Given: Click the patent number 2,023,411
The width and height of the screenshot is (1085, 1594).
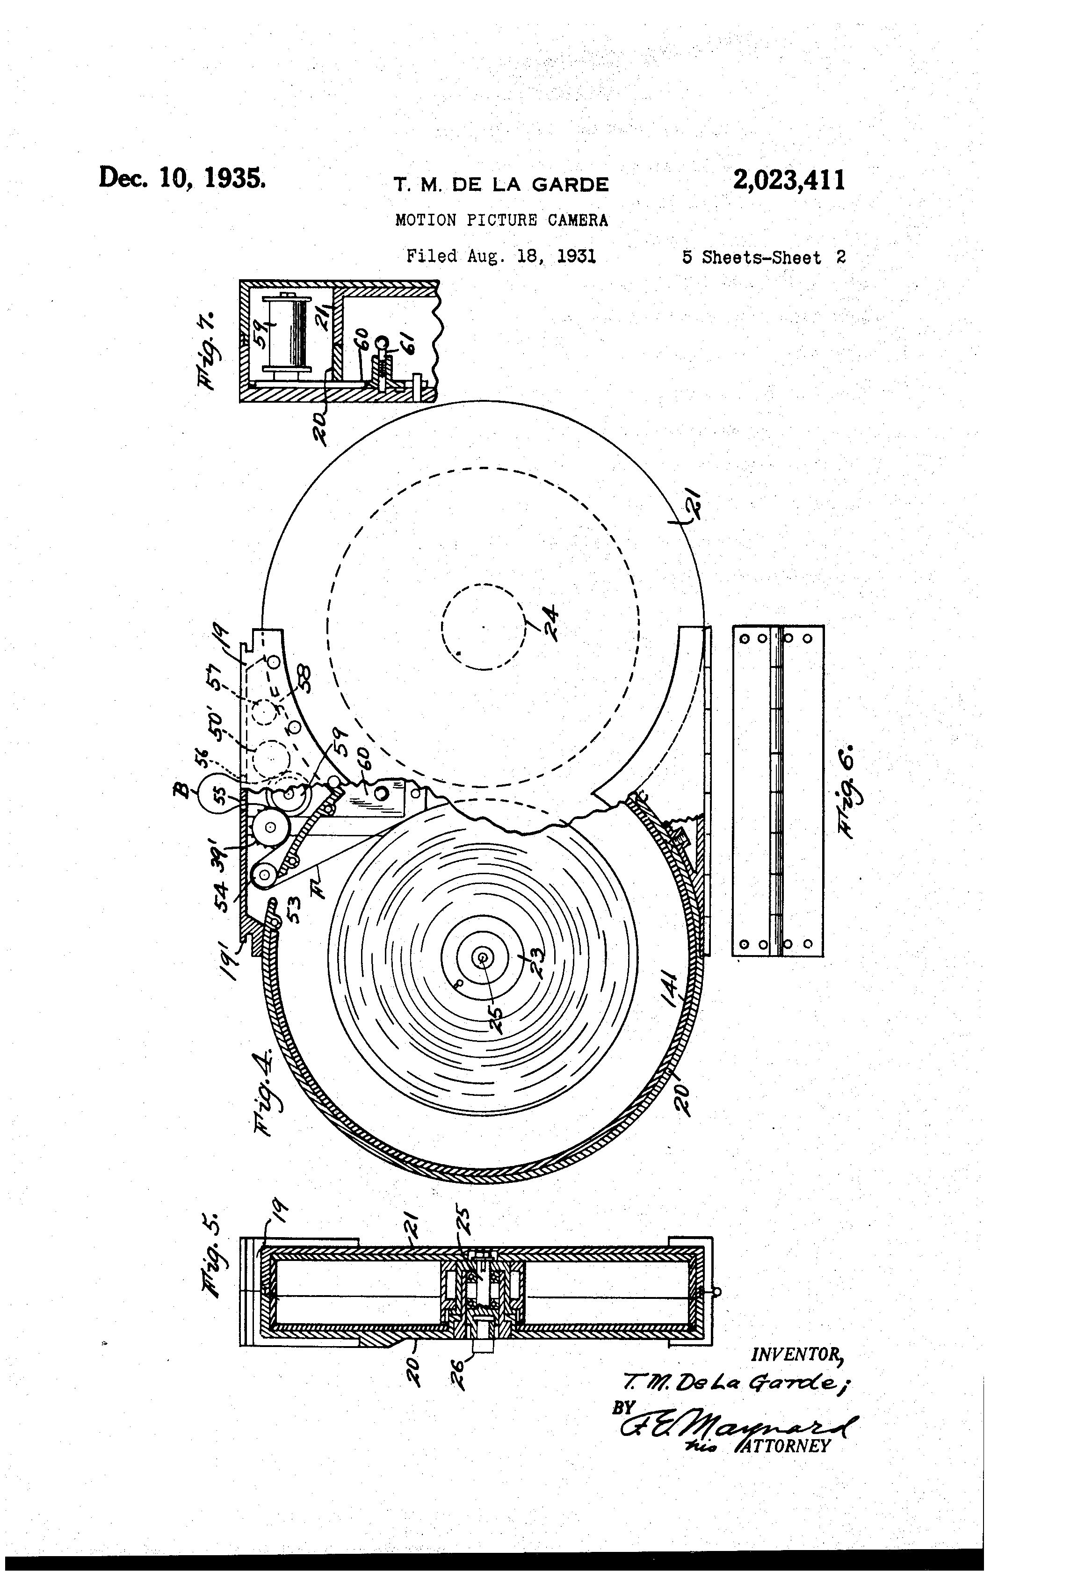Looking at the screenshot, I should coord(788,181).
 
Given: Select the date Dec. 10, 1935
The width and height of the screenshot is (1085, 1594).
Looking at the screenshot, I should coord(182,178).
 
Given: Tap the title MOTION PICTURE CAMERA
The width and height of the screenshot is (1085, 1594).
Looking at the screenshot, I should coord(501,220).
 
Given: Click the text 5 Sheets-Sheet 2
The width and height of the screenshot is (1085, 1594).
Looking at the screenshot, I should coord(763,258).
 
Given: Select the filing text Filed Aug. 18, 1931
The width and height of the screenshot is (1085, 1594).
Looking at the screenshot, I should coord(501,256).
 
